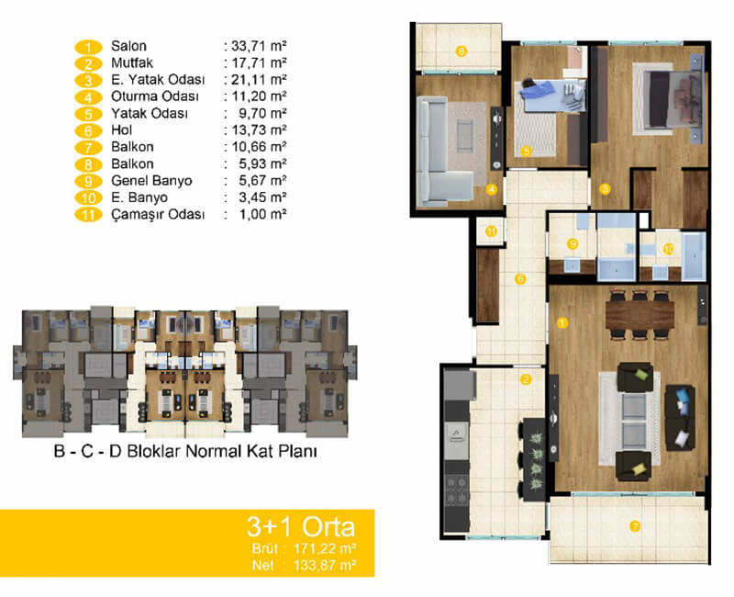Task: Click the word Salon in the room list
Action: [x=128, y=46]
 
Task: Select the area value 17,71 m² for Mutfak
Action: [x=259, y=62]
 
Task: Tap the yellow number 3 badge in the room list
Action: [x=88, y=81]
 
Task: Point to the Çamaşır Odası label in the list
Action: [x=158, y=215]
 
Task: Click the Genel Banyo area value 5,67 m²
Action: [x=262, y=181]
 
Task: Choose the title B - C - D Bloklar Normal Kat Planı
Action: [x=185, y=451]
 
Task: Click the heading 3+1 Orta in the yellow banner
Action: [x=301, y=526]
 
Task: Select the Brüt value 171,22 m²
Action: [x=325, y=548]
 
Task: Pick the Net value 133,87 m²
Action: [x=325, y=565]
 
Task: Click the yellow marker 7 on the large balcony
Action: [x=635, y=526]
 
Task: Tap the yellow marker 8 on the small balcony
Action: [x=462, y=51]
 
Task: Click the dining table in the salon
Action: [x=639, y=315]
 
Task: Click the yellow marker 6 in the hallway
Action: [x=520, y=279]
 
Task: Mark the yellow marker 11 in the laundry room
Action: [x=492, y=231]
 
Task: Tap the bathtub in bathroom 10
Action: [x=694, y=256]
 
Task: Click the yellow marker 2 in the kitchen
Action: [x=526, y=379]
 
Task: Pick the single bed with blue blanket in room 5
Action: [x=553, y=96]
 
